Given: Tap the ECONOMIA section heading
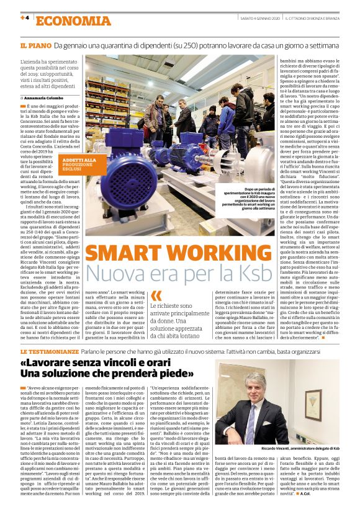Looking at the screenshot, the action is tap(65, 20).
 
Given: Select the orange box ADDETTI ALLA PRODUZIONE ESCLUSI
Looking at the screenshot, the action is tap(79, 164).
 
